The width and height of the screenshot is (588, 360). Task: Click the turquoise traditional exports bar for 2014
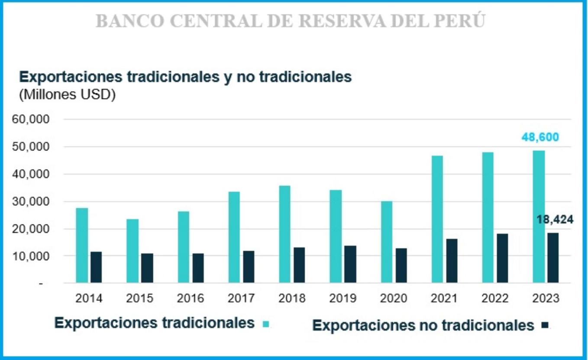(82, 245)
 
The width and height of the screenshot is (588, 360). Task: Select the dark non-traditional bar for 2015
(147, 268)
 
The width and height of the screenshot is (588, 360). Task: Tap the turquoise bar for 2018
(285, 234)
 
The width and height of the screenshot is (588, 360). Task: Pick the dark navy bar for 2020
(401, 266)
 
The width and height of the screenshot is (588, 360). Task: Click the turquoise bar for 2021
(437, 219)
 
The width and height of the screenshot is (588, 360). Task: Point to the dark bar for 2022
(503, 258)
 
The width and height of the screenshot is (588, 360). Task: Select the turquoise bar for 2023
(539, 217)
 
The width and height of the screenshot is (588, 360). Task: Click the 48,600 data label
(540, 138)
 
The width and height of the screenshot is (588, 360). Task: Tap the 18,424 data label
(555, 220)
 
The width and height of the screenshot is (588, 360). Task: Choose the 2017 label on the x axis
(241, 298)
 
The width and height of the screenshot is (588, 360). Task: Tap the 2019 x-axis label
(342, 298)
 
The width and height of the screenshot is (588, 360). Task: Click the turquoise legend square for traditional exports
(266, 324)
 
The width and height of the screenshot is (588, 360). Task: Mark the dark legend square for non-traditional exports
(545, 325)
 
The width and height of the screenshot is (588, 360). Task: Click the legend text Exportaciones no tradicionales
(423, 325)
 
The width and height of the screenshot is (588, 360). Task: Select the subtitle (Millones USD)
(67, 95)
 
